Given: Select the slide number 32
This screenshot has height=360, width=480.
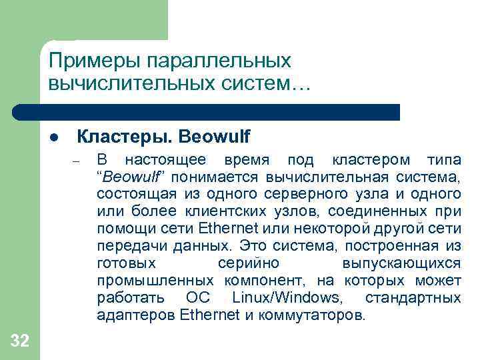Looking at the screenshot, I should pos(20,341).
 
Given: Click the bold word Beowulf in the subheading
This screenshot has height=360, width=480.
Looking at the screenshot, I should pos(211,137).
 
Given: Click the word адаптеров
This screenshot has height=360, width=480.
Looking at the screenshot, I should pos(135,315).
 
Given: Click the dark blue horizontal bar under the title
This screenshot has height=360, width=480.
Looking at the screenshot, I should pos(220,112).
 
